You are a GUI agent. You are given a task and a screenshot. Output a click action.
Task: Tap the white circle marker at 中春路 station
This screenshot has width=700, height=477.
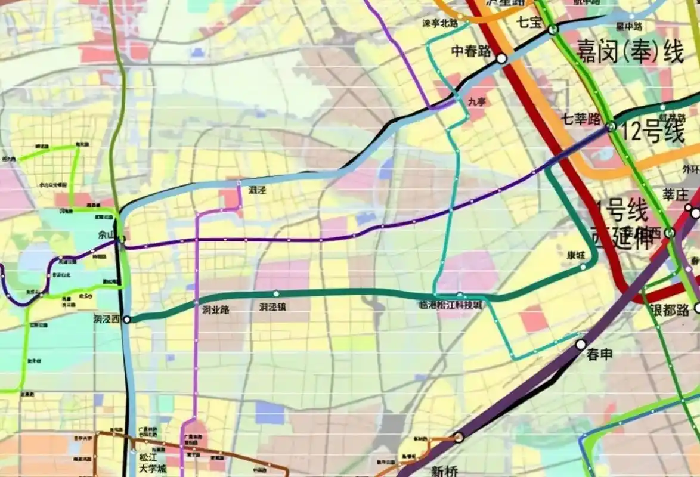pyautogui.click(x=501, y=58)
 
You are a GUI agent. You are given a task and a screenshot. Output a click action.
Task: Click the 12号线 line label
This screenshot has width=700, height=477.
pyautogui.click(x=652, y=132)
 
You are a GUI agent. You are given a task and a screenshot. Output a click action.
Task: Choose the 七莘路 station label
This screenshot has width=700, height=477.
pyautogui.click(x=581, y=119)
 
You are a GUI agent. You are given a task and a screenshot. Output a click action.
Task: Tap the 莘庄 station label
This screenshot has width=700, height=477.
pyautogui.click(x=676, y=195)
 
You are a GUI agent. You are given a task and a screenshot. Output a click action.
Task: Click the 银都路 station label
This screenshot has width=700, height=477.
pyautogui.click(x=670, y=309)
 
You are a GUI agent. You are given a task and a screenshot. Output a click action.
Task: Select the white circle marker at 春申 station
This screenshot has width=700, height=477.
pyautogui.click(x=581, y=345)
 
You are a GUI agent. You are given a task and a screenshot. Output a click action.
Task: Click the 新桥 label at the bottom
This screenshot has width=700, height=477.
pyautogui.click(x=444, y=472)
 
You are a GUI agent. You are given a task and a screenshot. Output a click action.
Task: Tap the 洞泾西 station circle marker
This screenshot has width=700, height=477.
pyautogui.click(x=126, y=320)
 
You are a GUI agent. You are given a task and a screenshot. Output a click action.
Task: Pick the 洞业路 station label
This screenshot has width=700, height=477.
pyautogui.click(x=215, y=309)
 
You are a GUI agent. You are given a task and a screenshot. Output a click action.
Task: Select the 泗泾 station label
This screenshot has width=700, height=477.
pyautogui.click(x=257, y=190)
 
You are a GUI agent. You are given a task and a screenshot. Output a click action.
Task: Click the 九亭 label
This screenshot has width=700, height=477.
pyautogui.click(x=477, y=102)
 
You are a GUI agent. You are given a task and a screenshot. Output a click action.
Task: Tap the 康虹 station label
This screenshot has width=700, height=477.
pyautogui.click(x=575, y=255)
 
